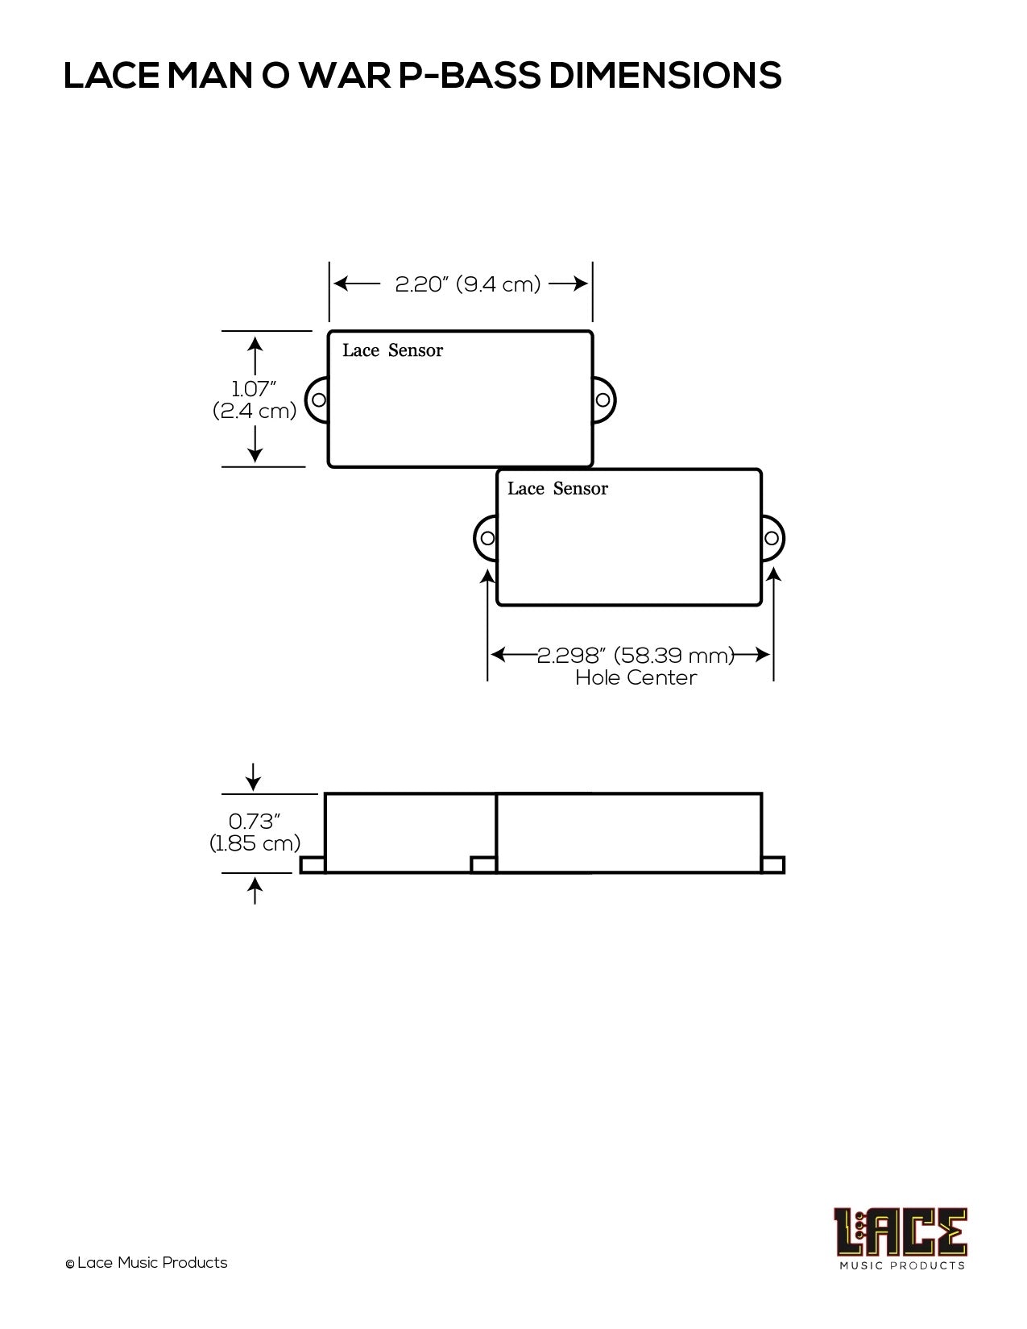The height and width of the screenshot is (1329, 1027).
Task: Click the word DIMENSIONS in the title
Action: point(665,75)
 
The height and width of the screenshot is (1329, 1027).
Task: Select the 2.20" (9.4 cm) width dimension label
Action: point(468,284)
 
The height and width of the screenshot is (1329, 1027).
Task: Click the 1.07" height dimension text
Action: point(253,388)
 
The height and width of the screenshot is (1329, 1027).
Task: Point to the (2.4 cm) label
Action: point(255,411)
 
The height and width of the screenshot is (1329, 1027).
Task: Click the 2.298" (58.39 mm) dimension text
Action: point(636,655)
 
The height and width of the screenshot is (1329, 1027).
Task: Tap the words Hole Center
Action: point(636,677)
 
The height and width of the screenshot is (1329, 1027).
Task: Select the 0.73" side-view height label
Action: point(254,821)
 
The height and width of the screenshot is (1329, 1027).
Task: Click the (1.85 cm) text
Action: point(255,843)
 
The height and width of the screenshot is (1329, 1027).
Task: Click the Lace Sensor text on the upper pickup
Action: point(392,350)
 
